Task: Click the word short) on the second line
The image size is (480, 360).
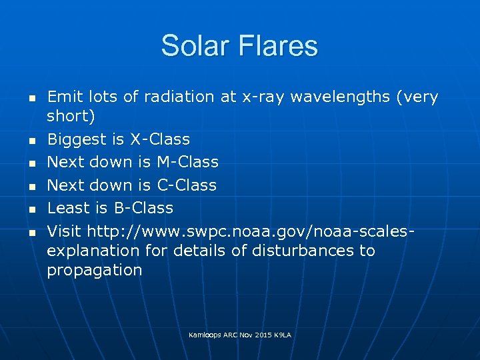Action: (71, 116)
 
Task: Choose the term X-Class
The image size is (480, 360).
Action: (159, 139)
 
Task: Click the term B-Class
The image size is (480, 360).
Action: (143, 208)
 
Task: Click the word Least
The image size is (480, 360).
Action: (67, 208)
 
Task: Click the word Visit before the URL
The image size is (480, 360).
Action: (63, 231)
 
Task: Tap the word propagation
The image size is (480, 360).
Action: (94, 270)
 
